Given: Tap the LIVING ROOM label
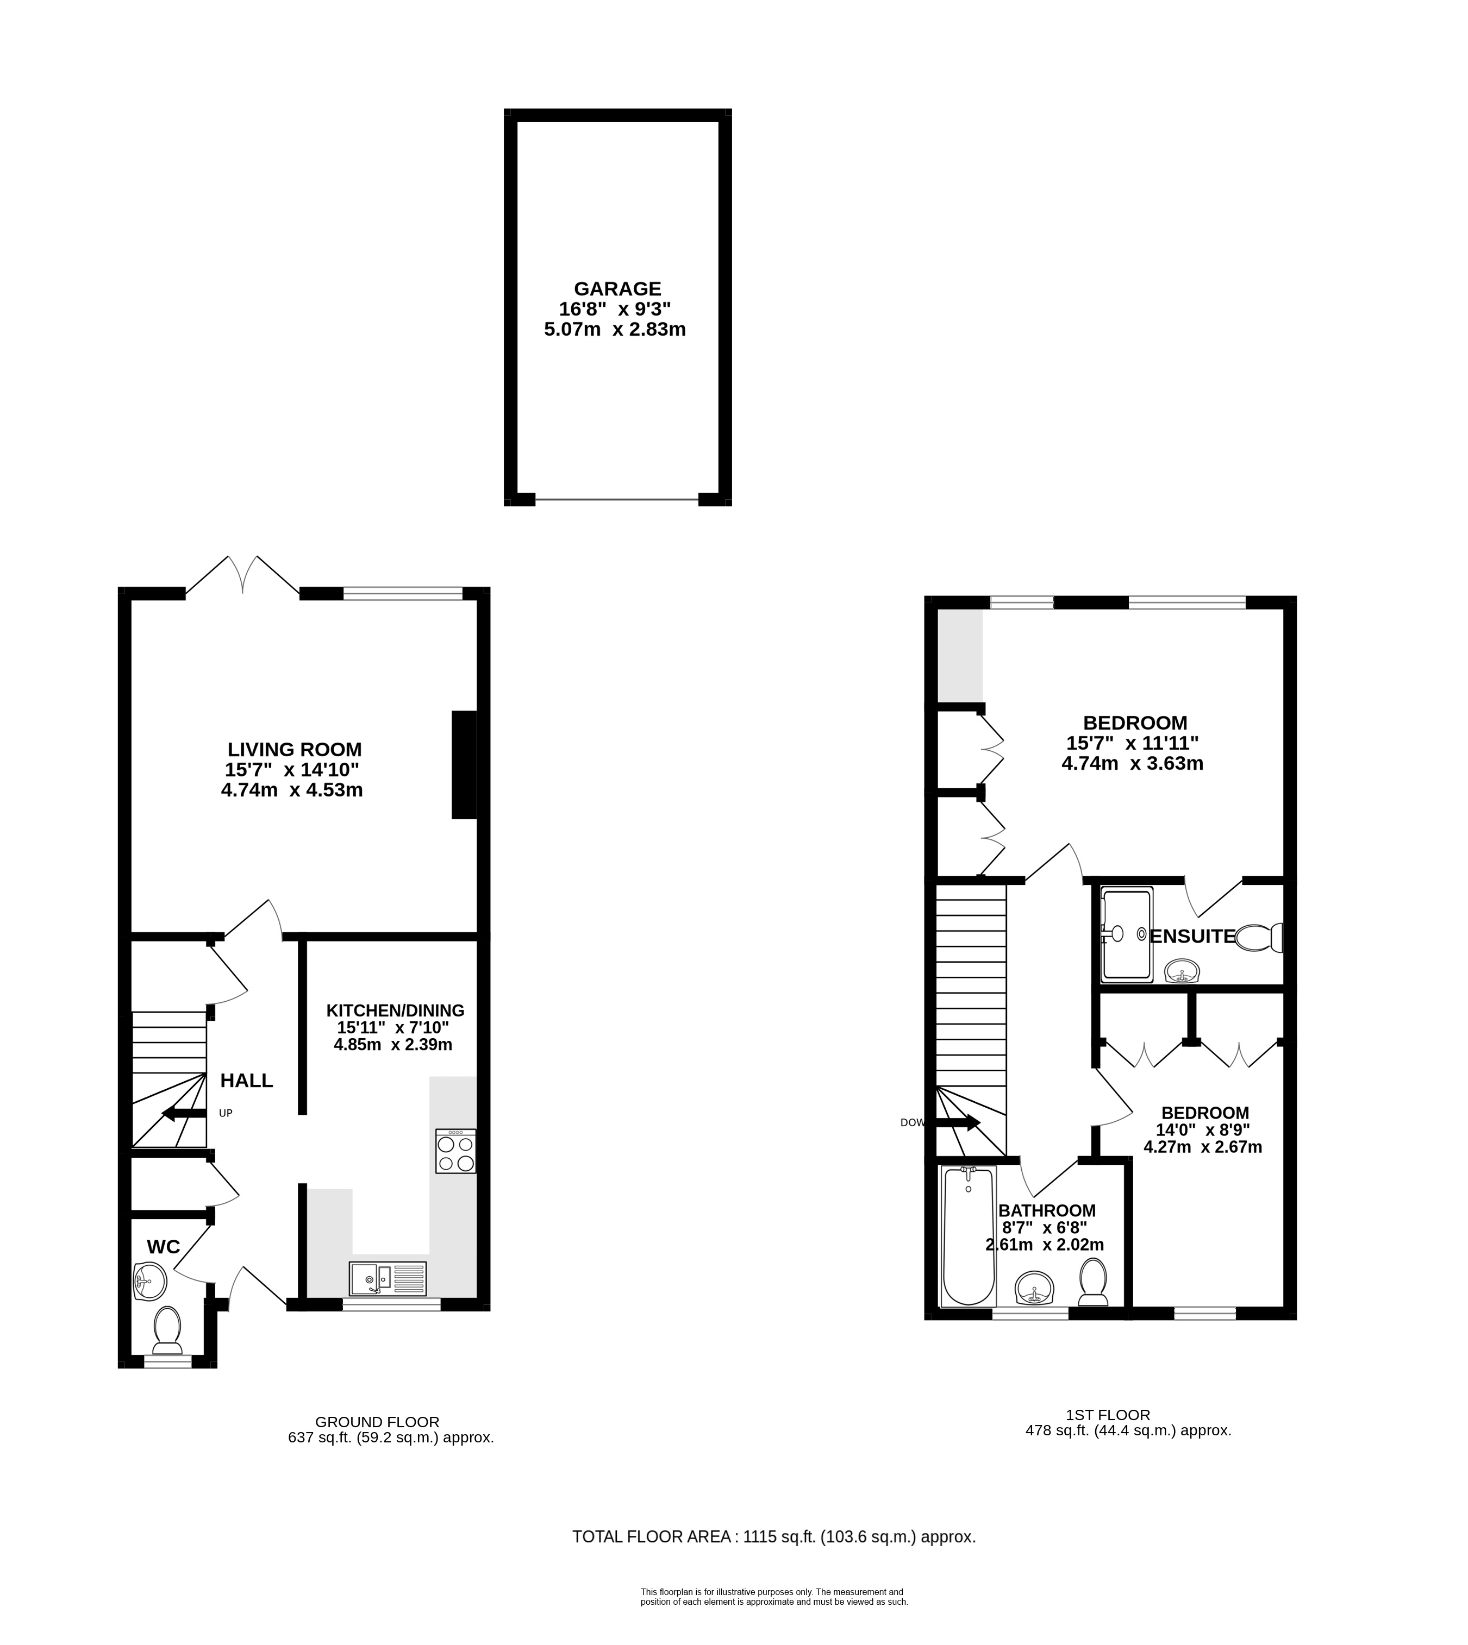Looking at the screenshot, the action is pos(295,750).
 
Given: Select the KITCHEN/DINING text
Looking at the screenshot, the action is pos(395,1010).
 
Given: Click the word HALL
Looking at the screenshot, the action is pos(247,1081).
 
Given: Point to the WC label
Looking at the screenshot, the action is pos(163,1247).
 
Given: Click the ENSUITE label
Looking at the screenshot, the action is pos(1192,936).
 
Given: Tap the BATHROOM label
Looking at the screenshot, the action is pos(1047,1210).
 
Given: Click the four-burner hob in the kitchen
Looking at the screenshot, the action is pos(455,1151).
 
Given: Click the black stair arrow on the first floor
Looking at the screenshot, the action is pos(958,1122).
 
